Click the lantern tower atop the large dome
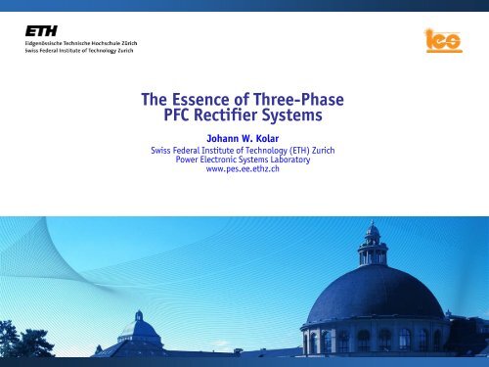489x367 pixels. point(373,244)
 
